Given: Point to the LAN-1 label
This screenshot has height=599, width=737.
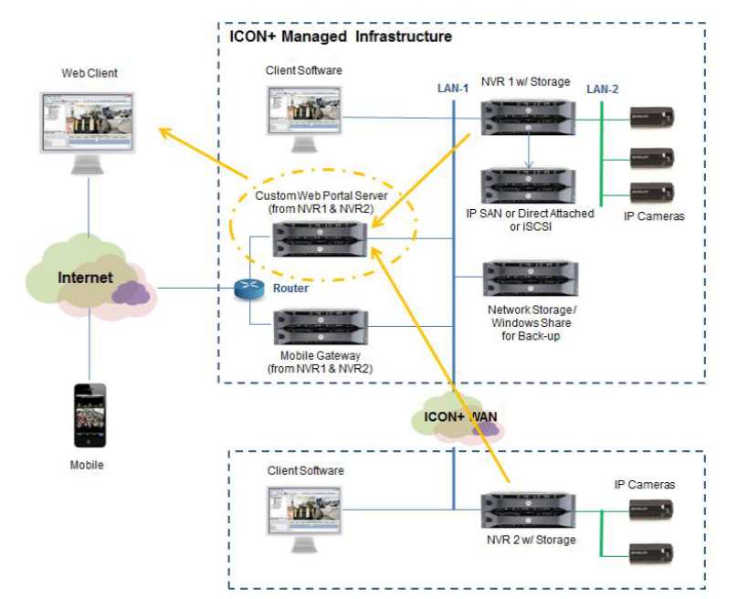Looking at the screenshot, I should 453,89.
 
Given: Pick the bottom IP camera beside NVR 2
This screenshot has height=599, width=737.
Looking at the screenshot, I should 653,552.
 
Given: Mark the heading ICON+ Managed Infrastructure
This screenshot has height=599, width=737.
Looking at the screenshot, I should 340,37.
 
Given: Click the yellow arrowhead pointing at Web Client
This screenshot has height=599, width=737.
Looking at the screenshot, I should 164,133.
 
